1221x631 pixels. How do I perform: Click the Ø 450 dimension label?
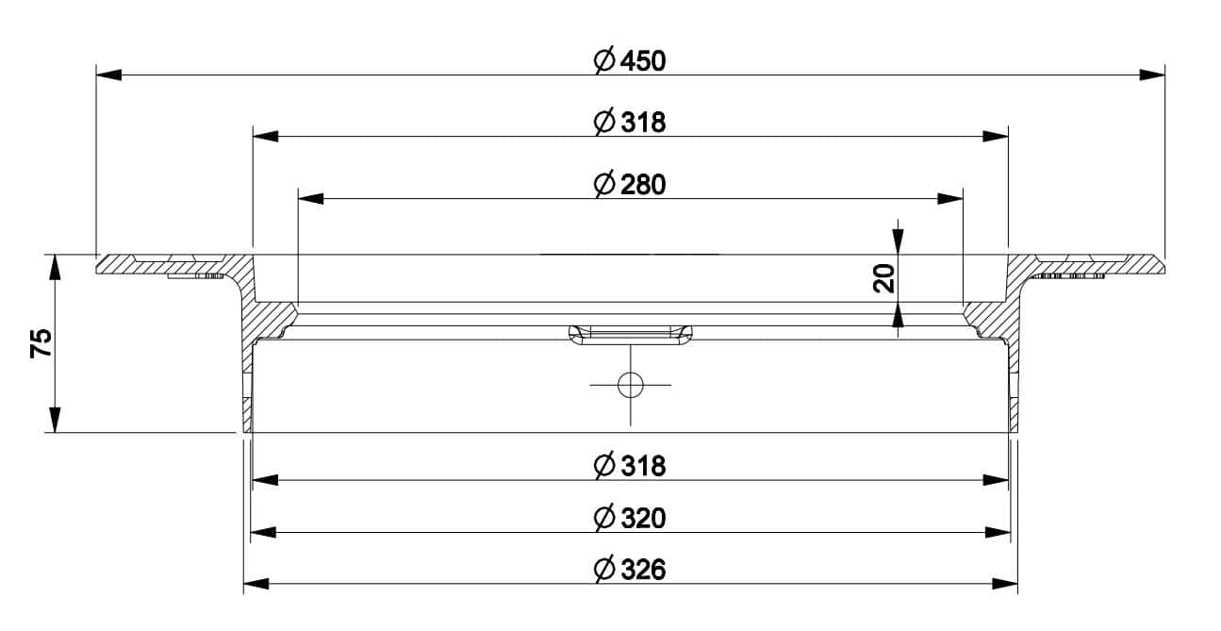pyautogui.click(x=630, y=60)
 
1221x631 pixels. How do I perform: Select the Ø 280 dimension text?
pyautogui.click(x=630, y=184)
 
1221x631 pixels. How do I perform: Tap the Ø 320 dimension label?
pyautogui.click(x=630, y=518)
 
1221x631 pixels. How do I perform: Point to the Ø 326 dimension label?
pyautogui.click(x=630, y=570)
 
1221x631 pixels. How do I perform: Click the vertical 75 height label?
pyautogui.click(x=41, y=343)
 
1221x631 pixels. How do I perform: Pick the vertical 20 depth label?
pyautogui.click(x=883, y=278)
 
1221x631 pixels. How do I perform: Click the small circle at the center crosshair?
pyautogui.click(x=630, y=385)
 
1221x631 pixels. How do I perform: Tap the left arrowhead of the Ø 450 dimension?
pyautogui.click(x=109, y=75)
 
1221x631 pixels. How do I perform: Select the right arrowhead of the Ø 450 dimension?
pyautogui.click(x=1152, y=75)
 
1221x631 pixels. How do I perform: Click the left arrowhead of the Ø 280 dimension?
pyautogui.click(x=311, y=198)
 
